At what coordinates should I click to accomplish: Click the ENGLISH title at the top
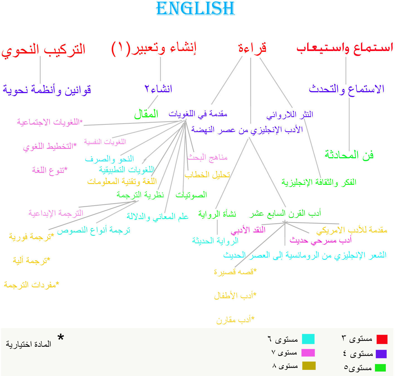[x=195, y=8]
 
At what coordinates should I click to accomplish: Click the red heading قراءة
[x=252, y=48]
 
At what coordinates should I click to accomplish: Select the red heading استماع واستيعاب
[x=345, y=48]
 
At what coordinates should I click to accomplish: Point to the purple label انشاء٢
[x=158, y=89]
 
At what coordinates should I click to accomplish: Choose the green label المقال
[x=146, y=114]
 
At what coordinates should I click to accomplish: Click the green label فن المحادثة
[x=349, y=155]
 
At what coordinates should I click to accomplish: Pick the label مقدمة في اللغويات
[x=198, y=114]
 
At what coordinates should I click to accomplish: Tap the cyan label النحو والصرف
[x=110, y=159]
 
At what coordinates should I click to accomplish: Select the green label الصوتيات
[x=191, y=195]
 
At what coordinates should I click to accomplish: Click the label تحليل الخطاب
[x=207, y=175]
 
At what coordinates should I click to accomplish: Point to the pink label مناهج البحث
[x=207, y=157]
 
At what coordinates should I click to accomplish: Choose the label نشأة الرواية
[x=217, y=214]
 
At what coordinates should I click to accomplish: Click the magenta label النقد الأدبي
[x=248, y=230]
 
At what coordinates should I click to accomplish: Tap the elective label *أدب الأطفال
[x=235, y=296]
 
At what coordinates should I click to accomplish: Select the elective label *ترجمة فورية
[x=31, y=237]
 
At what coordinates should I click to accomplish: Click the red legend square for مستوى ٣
[x=382, y=339]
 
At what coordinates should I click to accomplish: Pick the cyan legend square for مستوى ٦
[x=308, y=339]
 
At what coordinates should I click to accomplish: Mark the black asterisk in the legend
[x=61, y=337]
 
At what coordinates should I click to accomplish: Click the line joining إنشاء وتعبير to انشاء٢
[x=160, y=69]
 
